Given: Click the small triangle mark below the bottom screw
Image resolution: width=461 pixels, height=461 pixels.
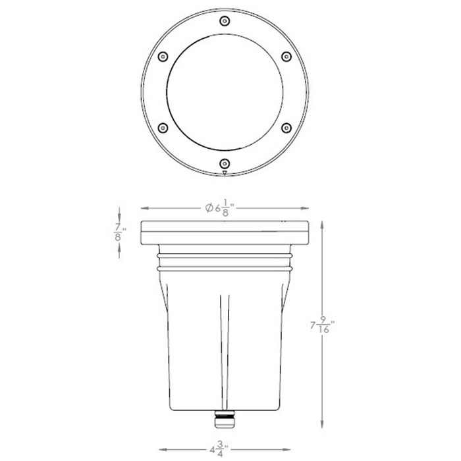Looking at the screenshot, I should click(225, 173).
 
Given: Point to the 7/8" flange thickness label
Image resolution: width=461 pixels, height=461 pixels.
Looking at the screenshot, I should click(119, 234).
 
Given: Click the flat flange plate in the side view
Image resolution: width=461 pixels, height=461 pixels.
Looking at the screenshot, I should click(224, 233).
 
